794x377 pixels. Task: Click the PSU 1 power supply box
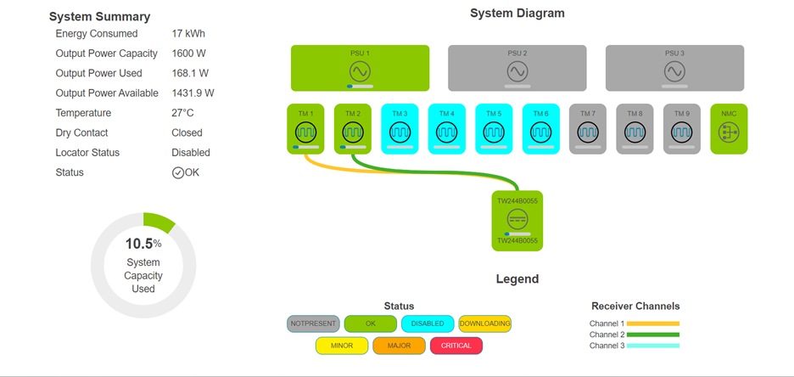click(360, 68)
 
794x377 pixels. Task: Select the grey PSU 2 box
click(517, 68)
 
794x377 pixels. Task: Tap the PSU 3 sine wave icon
click(674, 70)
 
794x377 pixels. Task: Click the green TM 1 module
click(305, 129)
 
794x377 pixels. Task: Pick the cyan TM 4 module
click(446, 129)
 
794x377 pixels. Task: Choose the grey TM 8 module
click(635, 129)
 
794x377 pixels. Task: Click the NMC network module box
click(729, 129)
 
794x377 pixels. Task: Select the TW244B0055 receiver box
click(517, 221)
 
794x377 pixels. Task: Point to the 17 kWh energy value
click(188, 34)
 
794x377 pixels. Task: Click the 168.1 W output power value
click(191, 74)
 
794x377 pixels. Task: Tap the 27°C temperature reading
click(183, 113)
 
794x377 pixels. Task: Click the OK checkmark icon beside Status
click(178, 172)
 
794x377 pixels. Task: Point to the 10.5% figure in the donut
click(143, 244)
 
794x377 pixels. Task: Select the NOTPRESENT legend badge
click(314, 324)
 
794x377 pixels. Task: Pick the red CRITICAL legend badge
click(456, 346)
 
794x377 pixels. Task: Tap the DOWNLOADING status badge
click(484, 324)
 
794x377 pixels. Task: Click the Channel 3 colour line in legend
click(653, 346)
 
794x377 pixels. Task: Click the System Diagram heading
click(517, 14)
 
